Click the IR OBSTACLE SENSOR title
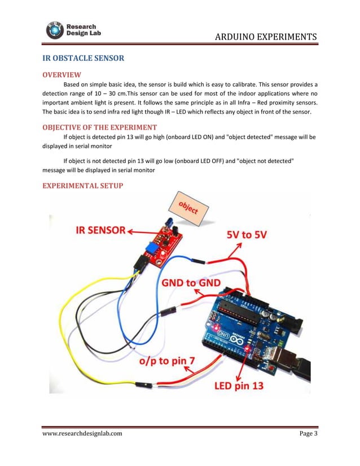click(84, 58)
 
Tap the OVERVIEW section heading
click(62, 74)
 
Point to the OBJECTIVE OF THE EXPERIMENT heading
click(100, 127)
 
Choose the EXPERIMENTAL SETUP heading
click(82, 186)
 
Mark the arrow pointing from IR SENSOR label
click(139, 231)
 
